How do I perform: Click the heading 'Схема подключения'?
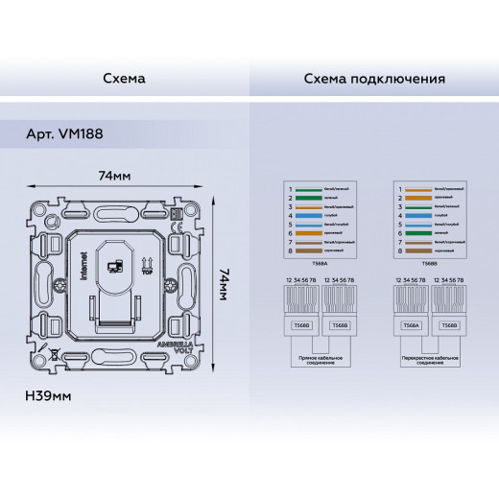click(374, 79)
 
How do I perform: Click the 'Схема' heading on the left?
click(124, 79)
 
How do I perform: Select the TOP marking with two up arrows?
click(146, 266)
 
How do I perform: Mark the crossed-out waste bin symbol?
click(54, 352)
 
